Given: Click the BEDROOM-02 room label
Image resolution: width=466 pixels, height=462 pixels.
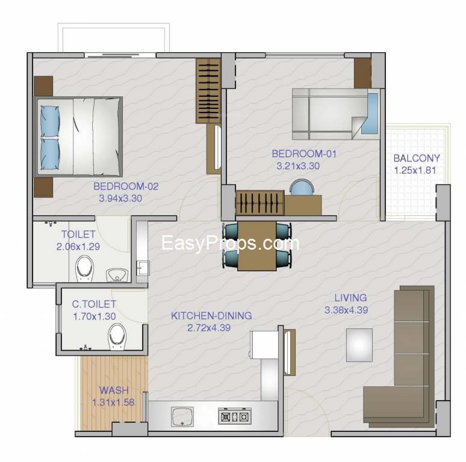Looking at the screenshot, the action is click(126, 186).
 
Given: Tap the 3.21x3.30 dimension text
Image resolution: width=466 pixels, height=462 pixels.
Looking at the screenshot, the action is click(298, 166).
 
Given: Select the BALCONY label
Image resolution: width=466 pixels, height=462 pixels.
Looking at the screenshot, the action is click(417, 158).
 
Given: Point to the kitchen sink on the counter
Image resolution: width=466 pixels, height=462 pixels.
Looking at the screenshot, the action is click(182, 416).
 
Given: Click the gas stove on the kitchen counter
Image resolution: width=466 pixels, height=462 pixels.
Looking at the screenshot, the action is click(235, 416).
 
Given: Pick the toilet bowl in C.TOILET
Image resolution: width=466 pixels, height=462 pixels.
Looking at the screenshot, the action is click(117, 337).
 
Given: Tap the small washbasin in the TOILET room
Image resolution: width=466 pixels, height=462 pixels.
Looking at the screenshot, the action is click(117, 276).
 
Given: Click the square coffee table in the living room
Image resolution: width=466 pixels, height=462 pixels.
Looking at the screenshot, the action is click(359, 345).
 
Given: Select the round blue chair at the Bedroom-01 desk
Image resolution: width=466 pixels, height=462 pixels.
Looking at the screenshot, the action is click(302, 187).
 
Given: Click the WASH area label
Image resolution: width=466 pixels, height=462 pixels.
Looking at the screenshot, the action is click(114, 390).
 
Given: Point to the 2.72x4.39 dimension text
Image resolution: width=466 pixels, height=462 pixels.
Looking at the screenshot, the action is click(209, 328).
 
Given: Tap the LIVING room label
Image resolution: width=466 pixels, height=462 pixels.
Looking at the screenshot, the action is click(350, 298).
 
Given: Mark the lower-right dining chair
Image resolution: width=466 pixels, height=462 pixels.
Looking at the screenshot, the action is click(283, 258).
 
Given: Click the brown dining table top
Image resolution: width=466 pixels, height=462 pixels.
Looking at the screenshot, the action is click(256, 246).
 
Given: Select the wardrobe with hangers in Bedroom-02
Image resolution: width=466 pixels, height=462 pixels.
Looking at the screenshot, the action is click(208, 91).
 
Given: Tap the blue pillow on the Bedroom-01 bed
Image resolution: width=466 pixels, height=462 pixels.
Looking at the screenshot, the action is click(370, 114).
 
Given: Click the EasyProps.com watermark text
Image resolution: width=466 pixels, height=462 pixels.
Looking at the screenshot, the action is click(231, 244).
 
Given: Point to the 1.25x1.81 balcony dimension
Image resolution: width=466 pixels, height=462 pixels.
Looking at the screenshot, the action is click(415, 170).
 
